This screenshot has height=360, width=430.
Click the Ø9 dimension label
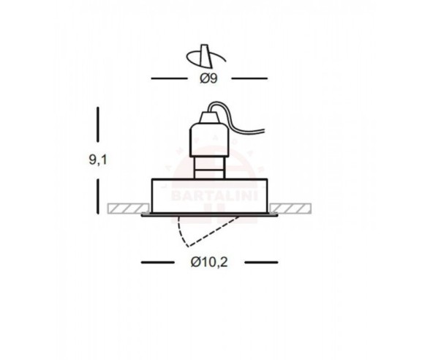[x=210, y=78]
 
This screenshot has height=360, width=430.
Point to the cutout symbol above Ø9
[x=207, y=56]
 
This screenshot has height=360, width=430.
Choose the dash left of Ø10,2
[x=157, y=261]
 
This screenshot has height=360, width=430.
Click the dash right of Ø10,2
[x=260, y=261]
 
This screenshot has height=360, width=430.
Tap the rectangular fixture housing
[x=209, y=196]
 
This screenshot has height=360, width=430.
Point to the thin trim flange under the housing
[x=209, y=216]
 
